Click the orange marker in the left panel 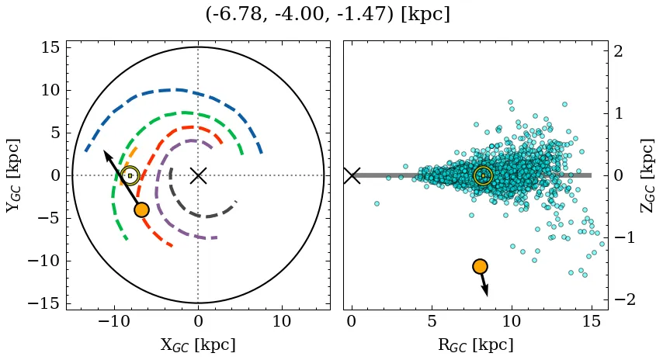pos(141,209)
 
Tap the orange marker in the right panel pos(480,266)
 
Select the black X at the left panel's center pos(198,175)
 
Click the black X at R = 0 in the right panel pos(352,175)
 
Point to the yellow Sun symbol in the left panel pos(130,175)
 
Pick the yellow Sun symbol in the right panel pos(483,175)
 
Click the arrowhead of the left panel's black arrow pos(106,154)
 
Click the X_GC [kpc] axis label pos(198,344)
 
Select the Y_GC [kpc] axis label pos(12,175)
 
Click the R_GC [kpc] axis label pos(475,344)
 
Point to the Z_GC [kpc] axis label pos(648,175)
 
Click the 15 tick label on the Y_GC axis pos(50,48)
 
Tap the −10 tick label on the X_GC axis pos(114,322)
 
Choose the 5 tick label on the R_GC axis pos(432,322)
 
